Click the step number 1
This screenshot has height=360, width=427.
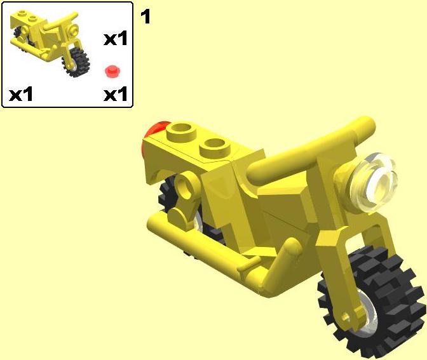tap(145, 17)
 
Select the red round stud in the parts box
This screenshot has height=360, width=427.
tap(112, 71)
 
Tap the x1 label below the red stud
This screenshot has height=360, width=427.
tap(116, 94)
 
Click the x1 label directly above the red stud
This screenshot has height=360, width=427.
tap(116, 38)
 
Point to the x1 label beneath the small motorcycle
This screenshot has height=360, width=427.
tap(21, 94)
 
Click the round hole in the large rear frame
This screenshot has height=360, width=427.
tap(185, 185)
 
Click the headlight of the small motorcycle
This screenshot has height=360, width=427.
tap(74, 29)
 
